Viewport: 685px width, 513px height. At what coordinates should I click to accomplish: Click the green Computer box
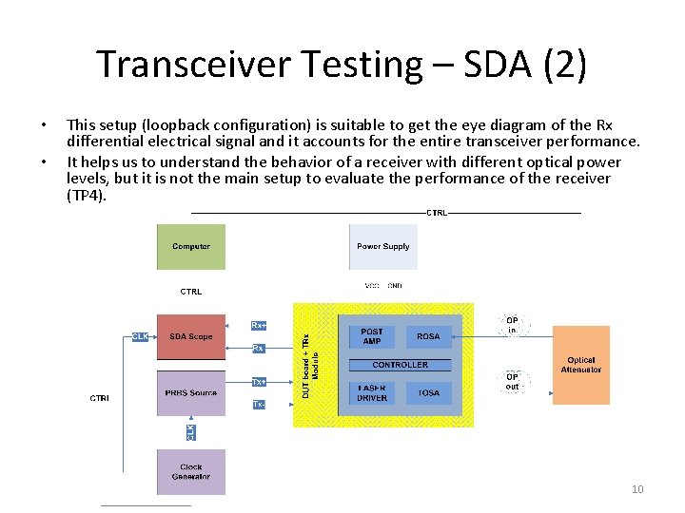click(x=191, y=247)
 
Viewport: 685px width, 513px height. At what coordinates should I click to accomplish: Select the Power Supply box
click(x=382, y=247)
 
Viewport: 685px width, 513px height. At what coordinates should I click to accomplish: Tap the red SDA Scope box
click(x=191, y=337)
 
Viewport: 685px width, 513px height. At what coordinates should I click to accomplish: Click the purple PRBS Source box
click(x=191, y=393)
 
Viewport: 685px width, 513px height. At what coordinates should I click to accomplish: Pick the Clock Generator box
click(x=191, y=472)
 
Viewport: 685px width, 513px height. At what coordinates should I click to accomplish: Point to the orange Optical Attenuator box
click(x=580, y=365)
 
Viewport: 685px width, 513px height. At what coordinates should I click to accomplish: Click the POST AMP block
click(x=372, y=336)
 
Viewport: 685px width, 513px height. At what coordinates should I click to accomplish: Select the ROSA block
click(x=428, y=336)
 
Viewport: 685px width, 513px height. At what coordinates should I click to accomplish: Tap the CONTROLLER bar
click(x=400, y=365)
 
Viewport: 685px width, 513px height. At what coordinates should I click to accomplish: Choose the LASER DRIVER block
click(x=372, y=393)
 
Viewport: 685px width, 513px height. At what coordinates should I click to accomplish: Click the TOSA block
click(x=428, y=393)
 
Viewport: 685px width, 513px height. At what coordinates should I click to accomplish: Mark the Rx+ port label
click(x=258, y=326)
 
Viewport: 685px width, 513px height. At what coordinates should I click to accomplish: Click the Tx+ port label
click(x=258, y=382)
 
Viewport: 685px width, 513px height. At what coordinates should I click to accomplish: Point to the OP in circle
click(x=512, y=325)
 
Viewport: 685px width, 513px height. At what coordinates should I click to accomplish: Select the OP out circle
click(x=512, y=381)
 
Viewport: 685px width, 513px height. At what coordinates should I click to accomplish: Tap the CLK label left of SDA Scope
click(x=140, y=336)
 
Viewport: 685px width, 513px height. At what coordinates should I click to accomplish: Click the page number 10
click(x=637, y=489)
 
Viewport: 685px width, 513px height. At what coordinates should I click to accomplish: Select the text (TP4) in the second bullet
click(x=88, y=196)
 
